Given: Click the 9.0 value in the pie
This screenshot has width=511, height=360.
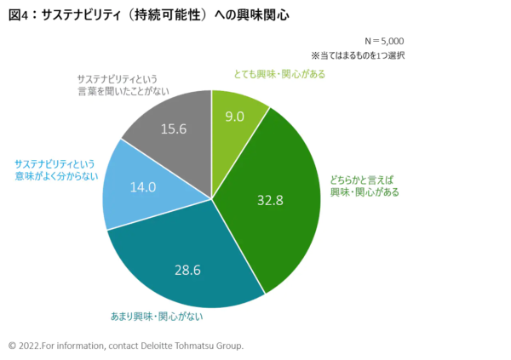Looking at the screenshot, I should click(234, 117).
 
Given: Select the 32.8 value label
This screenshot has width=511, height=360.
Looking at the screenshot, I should click(270, 201).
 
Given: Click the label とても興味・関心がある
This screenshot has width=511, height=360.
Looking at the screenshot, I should click(278, 74).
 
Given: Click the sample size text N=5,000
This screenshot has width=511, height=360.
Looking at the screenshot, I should click(384, 40).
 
